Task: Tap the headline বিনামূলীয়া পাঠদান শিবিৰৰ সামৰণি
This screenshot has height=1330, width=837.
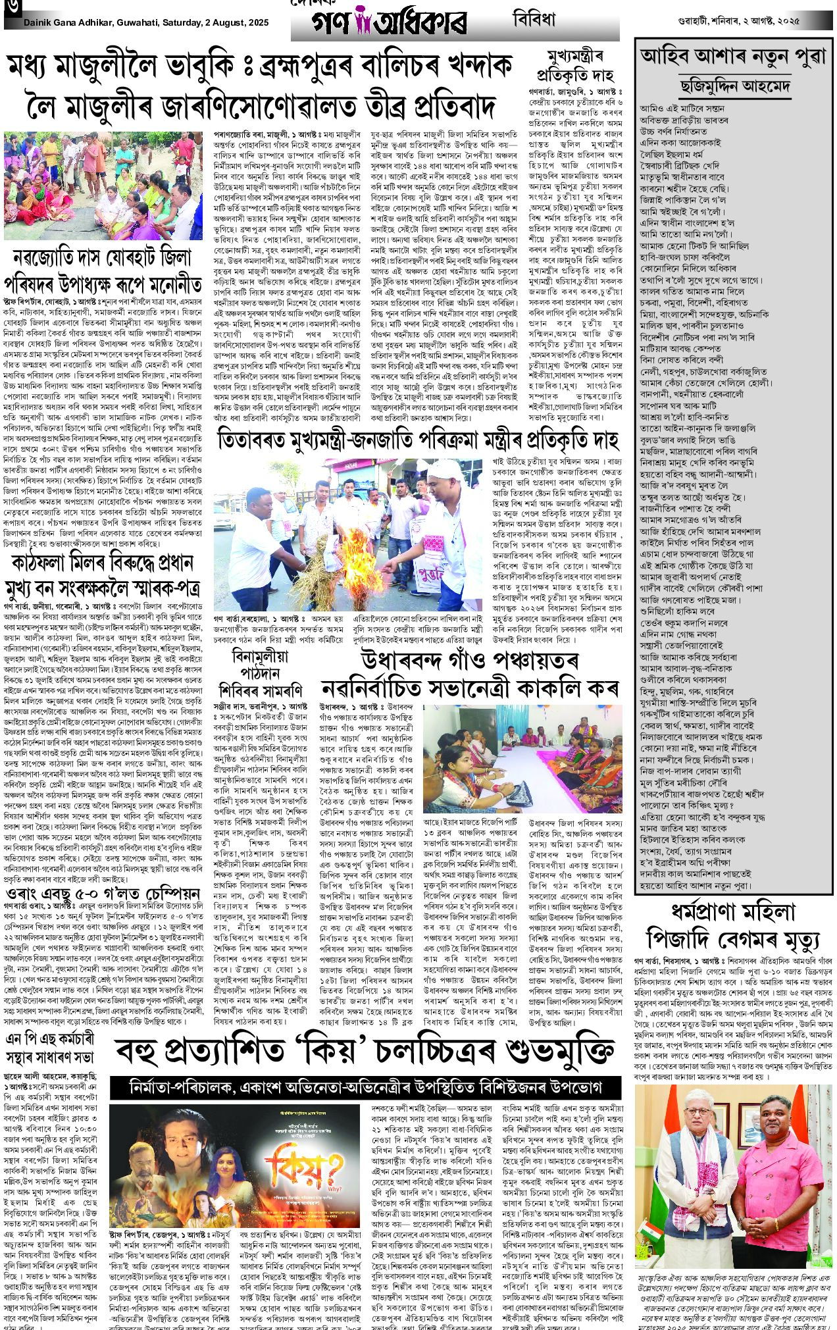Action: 262,671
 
